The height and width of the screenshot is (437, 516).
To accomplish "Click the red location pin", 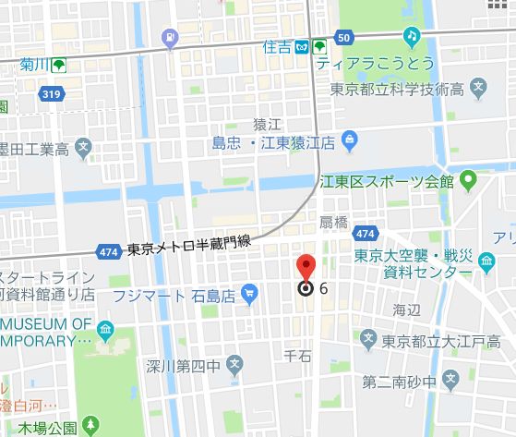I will click(306, 266).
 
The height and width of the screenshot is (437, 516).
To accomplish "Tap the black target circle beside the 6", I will click(306, 288).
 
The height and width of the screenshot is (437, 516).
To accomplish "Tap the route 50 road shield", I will click(343, 39).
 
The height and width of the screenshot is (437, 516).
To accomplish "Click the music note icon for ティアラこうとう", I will click(410, 34).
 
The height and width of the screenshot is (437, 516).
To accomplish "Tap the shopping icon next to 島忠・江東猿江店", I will click(349, 141).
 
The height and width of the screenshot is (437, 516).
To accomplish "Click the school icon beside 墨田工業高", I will click(83, 146).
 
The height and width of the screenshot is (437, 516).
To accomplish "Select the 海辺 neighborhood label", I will click(406, 309).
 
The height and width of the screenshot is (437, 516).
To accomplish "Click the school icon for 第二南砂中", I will click(450, 379).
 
